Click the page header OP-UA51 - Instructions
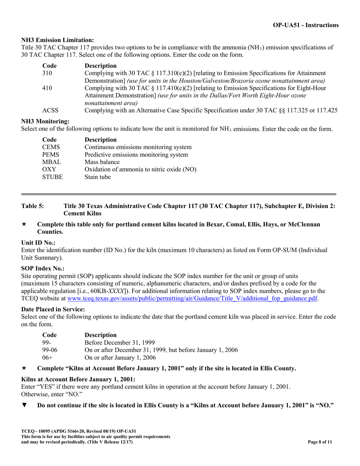coord(305,25)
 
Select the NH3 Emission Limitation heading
coord(58,40)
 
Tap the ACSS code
coord(50,110)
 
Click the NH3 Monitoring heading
coord(45,121)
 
